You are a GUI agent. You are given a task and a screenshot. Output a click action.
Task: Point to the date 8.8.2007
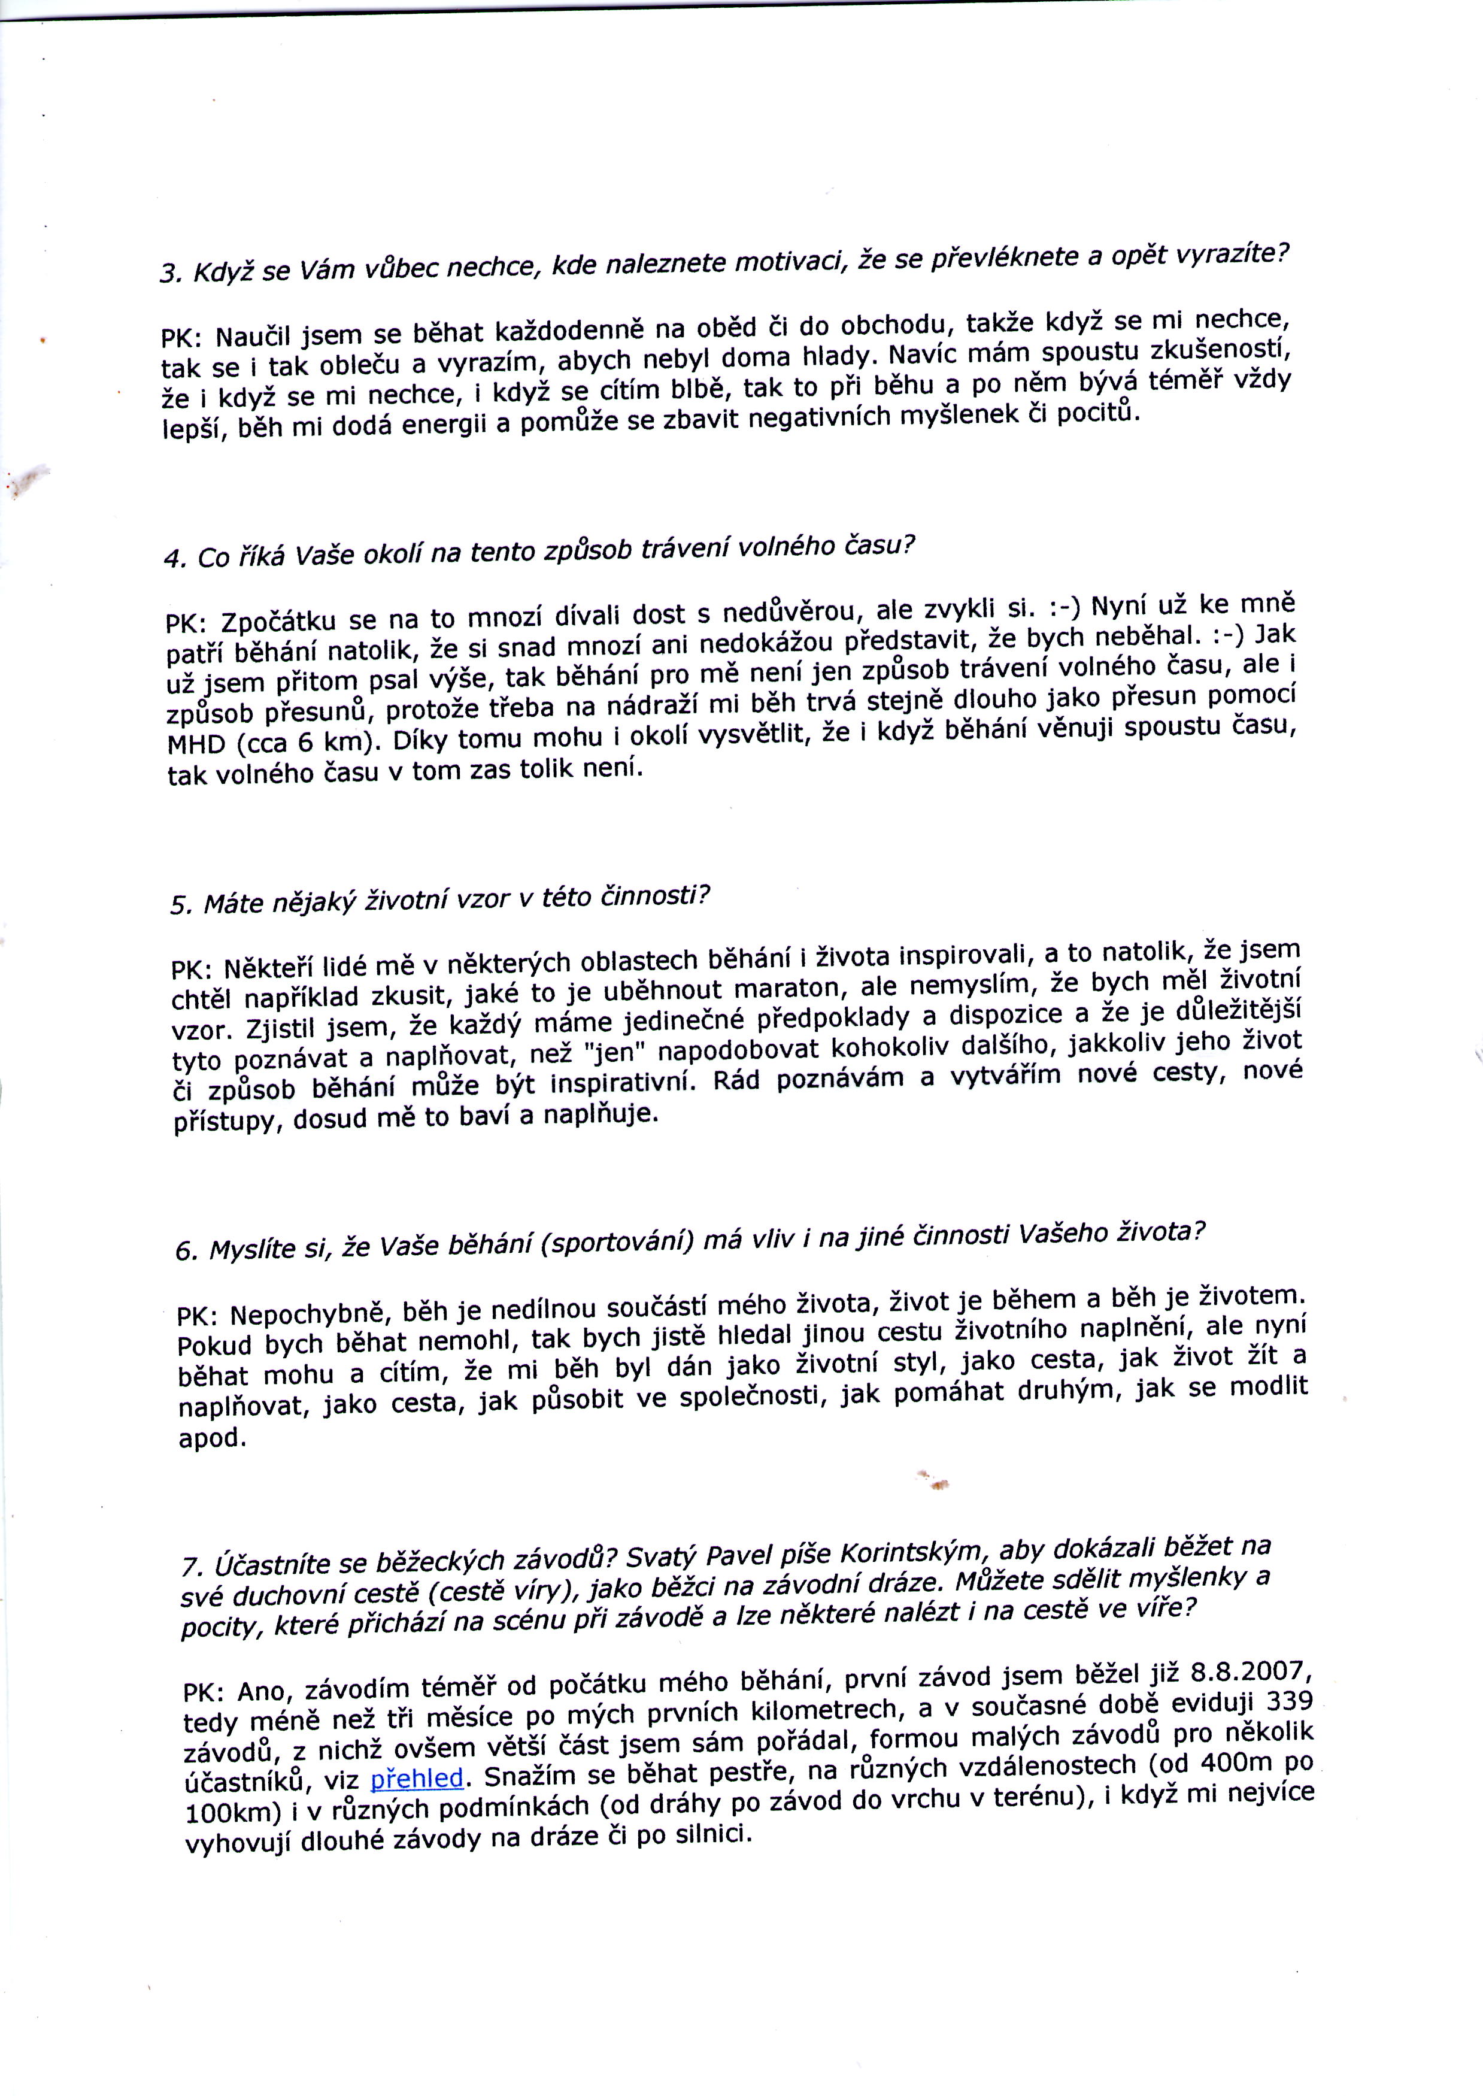(1251, 1672)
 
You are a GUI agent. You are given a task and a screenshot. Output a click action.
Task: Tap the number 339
(1288, 1701)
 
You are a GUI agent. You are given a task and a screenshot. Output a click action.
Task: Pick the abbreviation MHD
(195, 743)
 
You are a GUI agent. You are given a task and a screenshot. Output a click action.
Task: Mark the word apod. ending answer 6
(212, 1439)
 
